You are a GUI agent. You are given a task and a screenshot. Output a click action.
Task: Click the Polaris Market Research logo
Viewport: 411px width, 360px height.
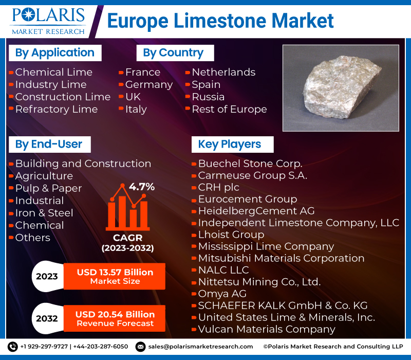click(x=48, y=22)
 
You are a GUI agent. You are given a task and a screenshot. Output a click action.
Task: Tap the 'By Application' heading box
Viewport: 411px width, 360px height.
click(x=55, y=53)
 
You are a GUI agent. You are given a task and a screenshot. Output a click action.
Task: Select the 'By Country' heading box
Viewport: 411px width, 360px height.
click(x=175, y=53)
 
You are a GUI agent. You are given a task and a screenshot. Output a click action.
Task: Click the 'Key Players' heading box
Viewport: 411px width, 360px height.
click(x=233, y=145)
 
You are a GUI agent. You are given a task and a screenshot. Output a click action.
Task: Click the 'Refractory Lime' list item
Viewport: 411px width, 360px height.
click(x=57, y=109)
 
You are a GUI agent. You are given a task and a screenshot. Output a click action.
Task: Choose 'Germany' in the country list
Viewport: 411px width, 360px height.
click(x=149, y=85)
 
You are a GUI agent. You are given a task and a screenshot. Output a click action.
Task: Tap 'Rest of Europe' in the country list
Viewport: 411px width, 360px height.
click(x=229, y=109)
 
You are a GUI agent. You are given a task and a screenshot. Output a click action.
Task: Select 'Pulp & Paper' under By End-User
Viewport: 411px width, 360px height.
click(x=48, y=188)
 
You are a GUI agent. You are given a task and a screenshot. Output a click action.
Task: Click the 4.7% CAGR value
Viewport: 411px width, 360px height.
click(x=142, y=187)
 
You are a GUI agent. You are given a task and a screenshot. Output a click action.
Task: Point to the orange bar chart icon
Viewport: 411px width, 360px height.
click(x=127, y=207)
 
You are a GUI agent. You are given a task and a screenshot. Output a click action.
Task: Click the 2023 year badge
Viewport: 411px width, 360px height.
click(x=47, y=276)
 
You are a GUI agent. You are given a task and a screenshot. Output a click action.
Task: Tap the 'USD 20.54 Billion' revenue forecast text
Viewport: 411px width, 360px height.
click(x=115, y=314)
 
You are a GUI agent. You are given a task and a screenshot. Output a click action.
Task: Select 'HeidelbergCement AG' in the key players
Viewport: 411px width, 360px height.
click(x=256, y=211)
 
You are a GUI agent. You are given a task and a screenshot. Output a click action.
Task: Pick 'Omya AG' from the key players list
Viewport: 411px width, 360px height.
click(x=222, y=294)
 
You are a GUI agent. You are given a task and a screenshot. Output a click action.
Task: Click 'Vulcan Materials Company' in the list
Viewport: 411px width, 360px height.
click(x=267, y=329)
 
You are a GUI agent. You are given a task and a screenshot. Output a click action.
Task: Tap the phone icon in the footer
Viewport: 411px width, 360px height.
click(x=12, y=347)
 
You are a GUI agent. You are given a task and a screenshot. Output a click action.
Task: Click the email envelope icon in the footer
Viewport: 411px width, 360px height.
click(x=140, y=347)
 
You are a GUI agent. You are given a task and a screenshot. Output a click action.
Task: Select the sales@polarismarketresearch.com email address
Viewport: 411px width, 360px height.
click(x=200, y=347)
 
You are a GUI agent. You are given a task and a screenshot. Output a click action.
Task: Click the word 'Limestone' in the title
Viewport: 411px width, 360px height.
click(x=220, y=21)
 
